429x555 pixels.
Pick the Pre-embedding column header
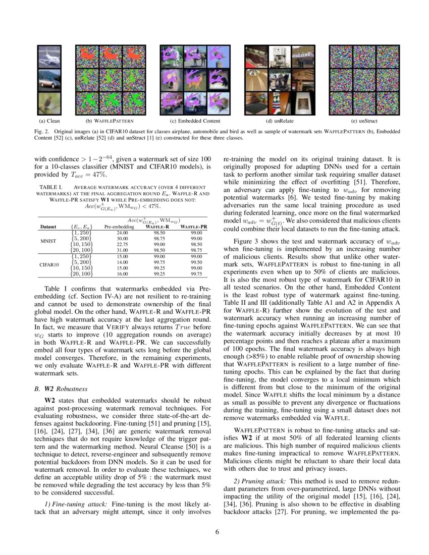(x=119, y=227)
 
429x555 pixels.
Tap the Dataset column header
(x=48, y=227)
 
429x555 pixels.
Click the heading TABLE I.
(x=50, y=187)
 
